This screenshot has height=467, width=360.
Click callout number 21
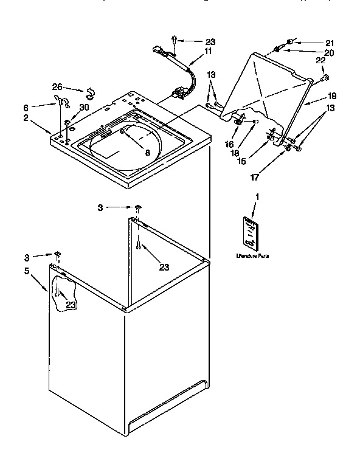tap(330, 43)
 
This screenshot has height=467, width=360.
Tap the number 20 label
tap(330, 52)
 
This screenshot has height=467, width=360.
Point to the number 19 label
tap(331, 96)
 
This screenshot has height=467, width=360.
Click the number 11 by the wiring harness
tap(208, 52)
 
